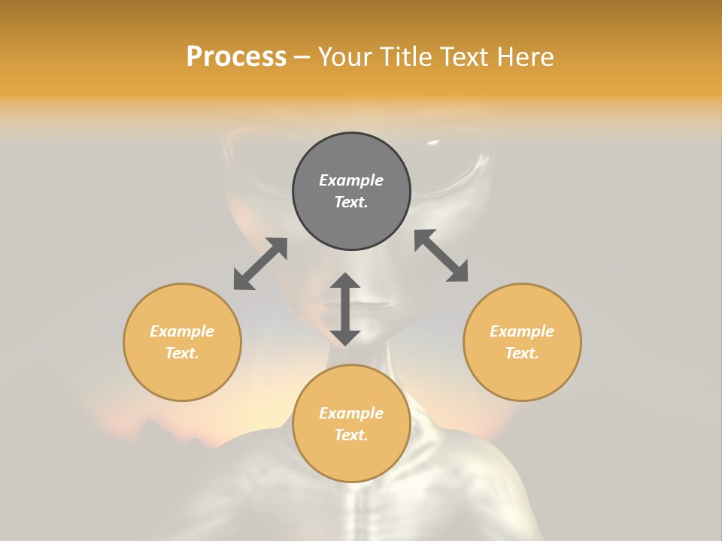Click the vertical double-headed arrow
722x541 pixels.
[x=345, y=309]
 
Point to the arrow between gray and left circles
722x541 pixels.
[x=260, y=264]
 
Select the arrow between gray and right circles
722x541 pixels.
[x=441, y=255]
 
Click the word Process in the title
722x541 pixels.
[x=236, y=57]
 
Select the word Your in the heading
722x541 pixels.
[x=346, y=57]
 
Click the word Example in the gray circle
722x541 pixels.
[x=351, y=180]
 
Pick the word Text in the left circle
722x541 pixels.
[x=181, y=353]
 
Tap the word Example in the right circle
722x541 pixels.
[x=522, y=331]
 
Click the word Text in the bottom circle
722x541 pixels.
[x=350, y=435]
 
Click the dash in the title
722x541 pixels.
[x=302, y=57]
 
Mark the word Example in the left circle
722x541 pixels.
[x=182, y=331]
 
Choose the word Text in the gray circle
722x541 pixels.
[x=350, y=202]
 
